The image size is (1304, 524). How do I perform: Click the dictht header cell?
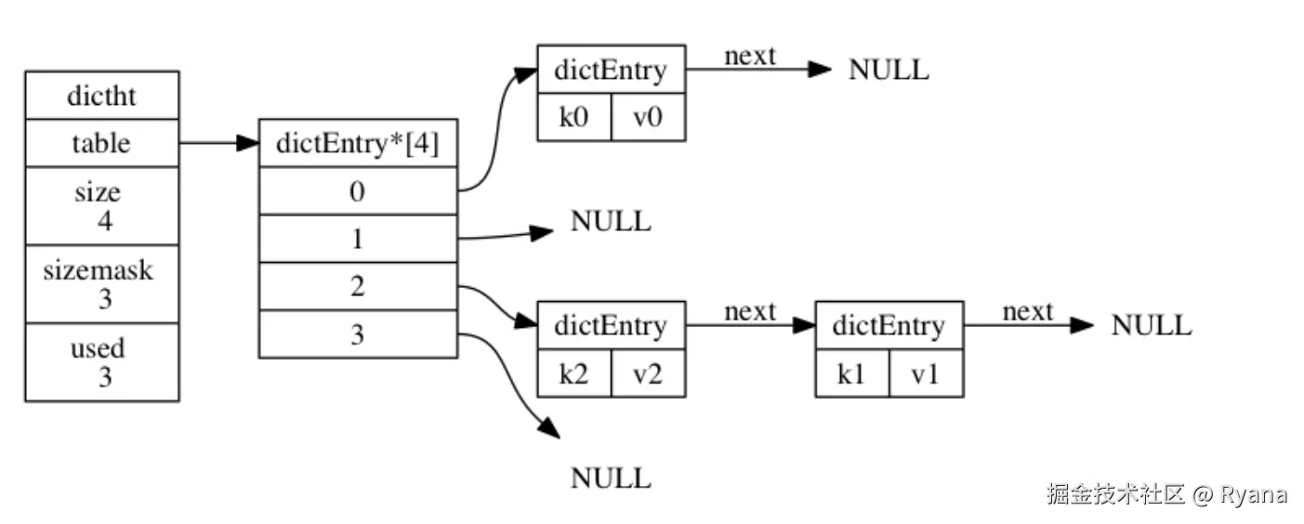101,96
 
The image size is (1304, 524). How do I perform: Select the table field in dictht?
101,143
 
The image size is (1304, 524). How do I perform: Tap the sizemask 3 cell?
101,284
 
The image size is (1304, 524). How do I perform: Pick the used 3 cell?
101,362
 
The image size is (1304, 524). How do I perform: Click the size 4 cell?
101,205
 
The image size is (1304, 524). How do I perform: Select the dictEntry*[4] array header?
358,143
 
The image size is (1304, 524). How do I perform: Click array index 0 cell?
358,190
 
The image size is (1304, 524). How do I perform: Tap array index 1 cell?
358,239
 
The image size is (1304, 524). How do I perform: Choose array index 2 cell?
358,286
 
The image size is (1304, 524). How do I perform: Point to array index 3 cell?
358,334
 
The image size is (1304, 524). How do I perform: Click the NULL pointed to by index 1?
611,221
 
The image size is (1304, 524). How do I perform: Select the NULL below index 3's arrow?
611,478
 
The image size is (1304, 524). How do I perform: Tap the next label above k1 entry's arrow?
1027,311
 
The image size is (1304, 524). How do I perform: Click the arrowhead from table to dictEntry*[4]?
247,143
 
